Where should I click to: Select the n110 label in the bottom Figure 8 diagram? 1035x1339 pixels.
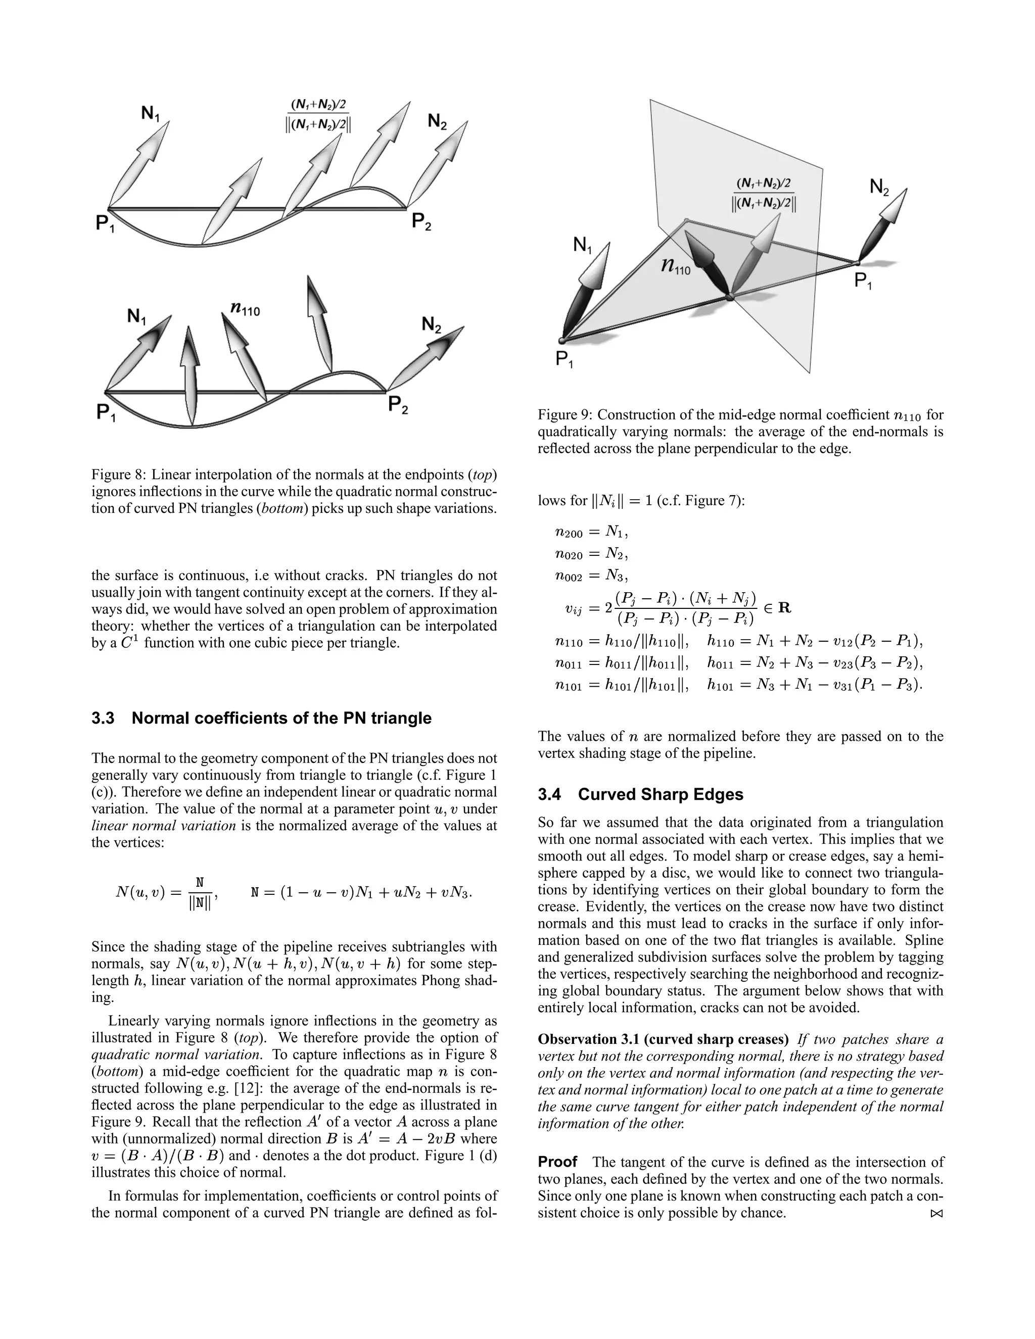[x=245, y=310]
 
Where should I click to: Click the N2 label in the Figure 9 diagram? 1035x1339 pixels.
[x=879, y=187]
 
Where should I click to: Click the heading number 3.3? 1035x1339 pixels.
[x=103, y=718]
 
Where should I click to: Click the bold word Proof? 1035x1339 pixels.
[x=557, y=1161]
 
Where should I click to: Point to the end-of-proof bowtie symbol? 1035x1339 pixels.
[x=935, y=1213]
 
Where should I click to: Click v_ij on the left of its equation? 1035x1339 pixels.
[x=574, y=609]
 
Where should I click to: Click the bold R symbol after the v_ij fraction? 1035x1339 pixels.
[x=784, y=608]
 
